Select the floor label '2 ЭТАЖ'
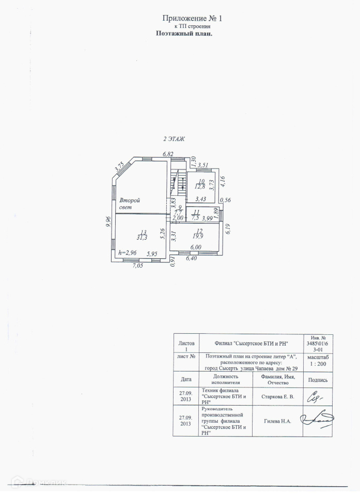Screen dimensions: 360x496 174,139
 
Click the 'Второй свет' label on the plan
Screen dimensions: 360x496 130,204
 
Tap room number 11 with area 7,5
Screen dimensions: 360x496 196,215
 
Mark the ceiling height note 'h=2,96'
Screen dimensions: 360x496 128,253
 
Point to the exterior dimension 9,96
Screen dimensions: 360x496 108,222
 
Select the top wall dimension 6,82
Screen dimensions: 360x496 167,154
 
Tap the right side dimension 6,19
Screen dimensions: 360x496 228,228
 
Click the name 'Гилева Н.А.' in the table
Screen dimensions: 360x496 277,421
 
